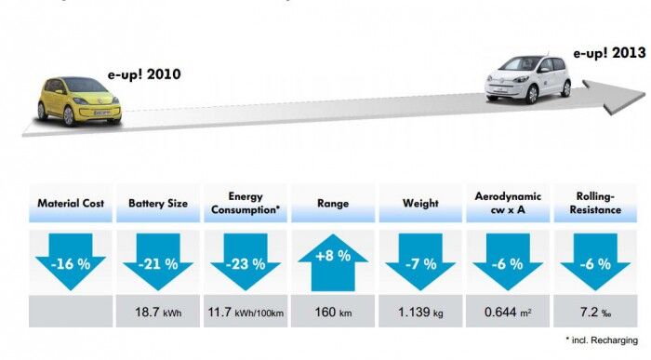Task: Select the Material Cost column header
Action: tap(70, 203)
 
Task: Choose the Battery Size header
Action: tap(158, 203)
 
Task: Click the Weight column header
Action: tap(420, 203)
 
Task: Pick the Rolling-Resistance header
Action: tap(596, 203)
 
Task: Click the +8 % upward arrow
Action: tap(333, 257)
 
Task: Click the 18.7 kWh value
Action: tap(159, 312)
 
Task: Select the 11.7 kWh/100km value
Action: tap(246, 312)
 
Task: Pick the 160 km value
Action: tap(333, 312)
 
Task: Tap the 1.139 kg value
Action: tap(420, 312)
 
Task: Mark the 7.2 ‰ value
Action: tap(596, 312)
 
